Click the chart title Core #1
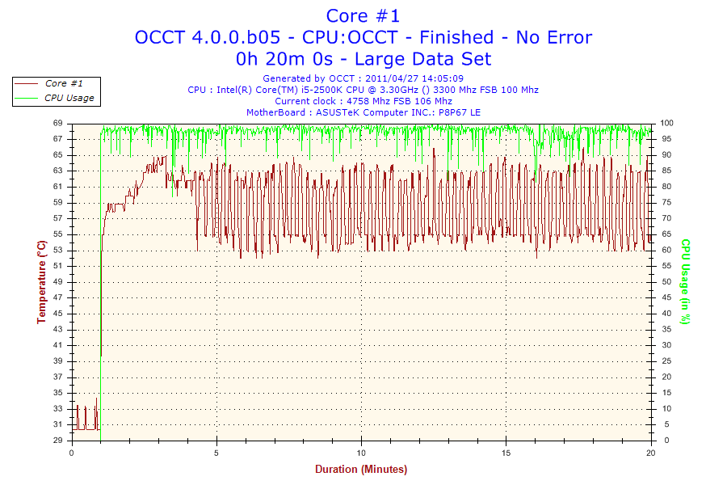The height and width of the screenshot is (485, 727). (x=363, y=15)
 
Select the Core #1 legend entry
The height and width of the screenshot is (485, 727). (x=62, y=83)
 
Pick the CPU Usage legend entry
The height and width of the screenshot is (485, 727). (x=69, y=98)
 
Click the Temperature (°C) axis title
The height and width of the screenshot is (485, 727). (x=41, y=282)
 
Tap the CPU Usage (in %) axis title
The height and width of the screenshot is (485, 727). (x=685, y=282)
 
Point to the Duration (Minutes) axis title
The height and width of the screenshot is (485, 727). (x=361, y=470)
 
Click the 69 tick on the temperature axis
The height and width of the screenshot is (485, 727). (x=58, y=123)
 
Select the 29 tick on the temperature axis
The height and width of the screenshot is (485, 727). (x=58, y=441)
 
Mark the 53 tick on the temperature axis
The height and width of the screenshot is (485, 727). (x=58, y=250)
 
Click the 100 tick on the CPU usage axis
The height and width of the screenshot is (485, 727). (x=667, y=123)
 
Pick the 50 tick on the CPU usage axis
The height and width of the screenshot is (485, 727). (x=665, y=281)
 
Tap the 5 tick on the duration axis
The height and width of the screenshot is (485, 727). (x=216, y=453)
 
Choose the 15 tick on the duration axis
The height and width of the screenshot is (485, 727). (x=506, y=453)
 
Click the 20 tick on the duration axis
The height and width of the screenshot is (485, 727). (x=651, y=453)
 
